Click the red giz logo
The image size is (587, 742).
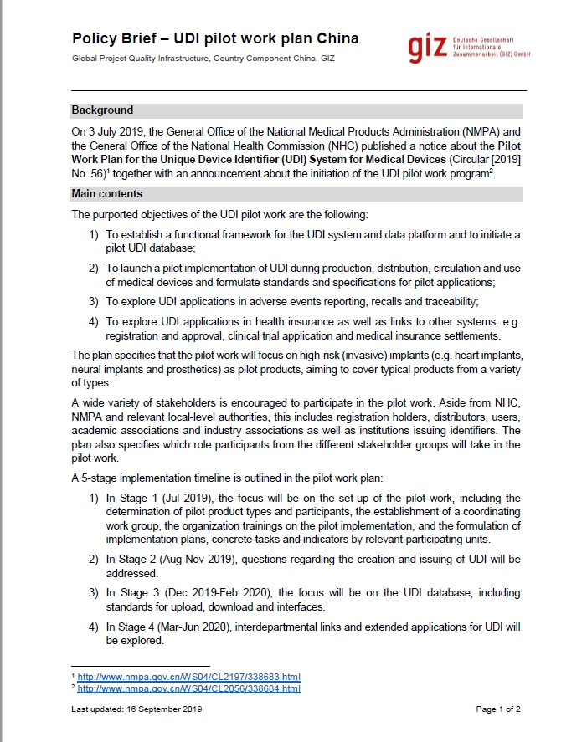428,49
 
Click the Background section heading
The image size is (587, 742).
102,110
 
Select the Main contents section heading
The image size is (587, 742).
106,194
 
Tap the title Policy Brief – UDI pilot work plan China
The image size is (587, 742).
215,38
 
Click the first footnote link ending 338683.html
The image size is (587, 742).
188,676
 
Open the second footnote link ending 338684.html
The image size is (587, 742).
188,688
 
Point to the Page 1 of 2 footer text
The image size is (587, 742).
498,709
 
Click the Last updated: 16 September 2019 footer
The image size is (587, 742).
136,709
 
